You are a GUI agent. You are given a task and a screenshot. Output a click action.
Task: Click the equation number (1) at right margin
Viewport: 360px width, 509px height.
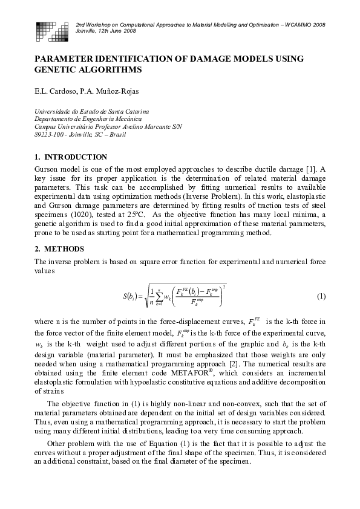coord(321,296)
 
